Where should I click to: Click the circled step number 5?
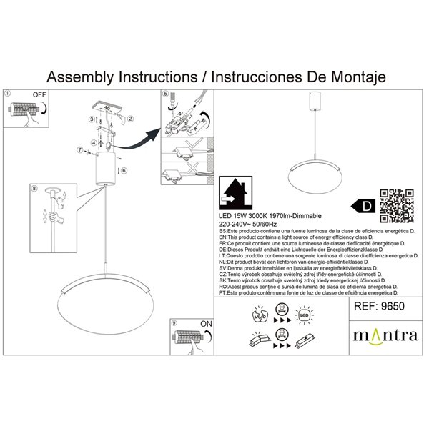pos(165,94)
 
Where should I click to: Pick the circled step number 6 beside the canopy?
pos(124,171)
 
